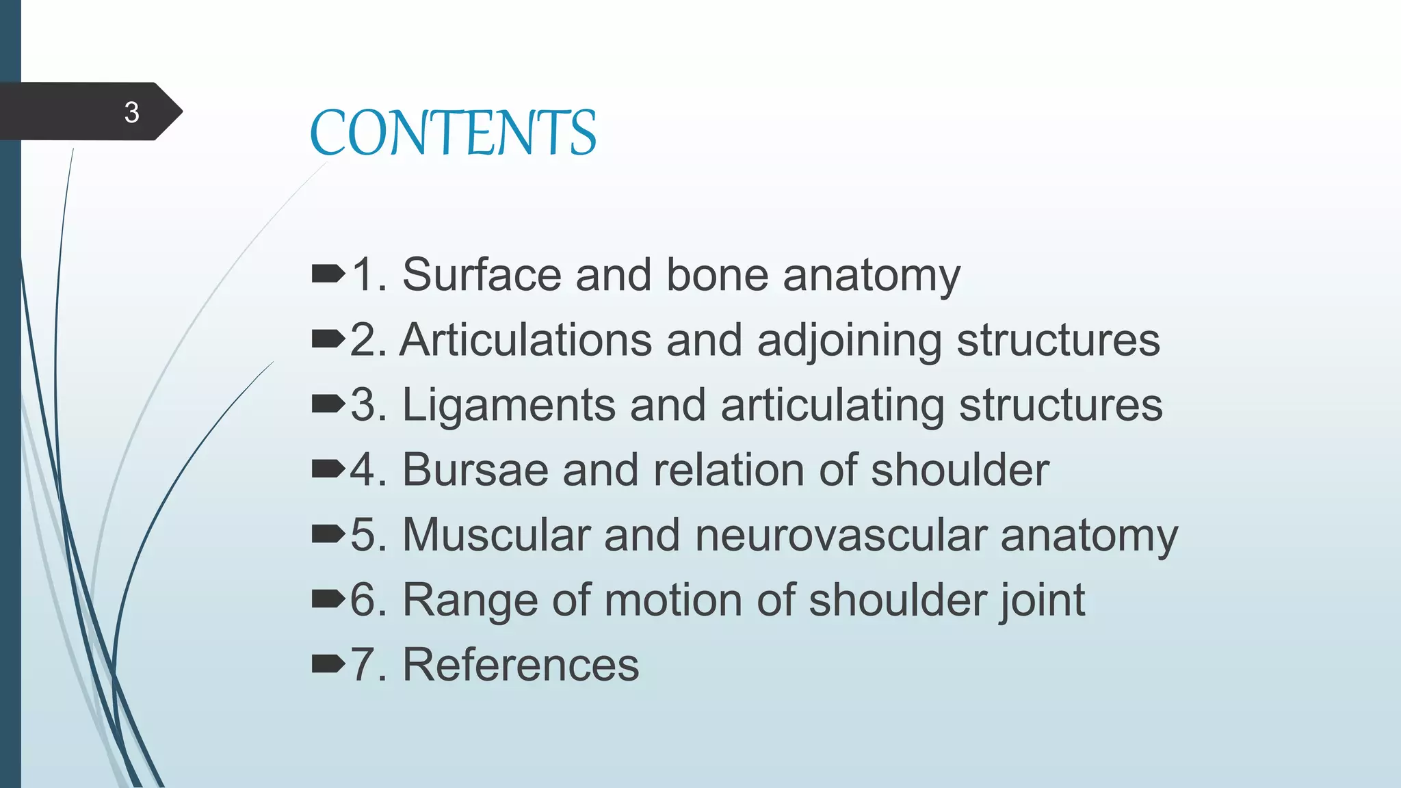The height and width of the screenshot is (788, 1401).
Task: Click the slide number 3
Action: click(131, 112)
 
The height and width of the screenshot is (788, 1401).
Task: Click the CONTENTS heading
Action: click(453, 133)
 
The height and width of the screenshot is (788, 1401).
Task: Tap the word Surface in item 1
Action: click(482, 275)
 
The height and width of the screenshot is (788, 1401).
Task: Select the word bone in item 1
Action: click(717, 275)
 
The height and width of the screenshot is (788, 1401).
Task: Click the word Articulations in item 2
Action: click(525, 340)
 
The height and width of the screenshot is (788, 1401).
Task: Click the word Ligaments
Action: click(508, 405)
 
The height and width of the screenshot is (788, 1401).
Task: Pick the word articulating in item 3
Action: click(832, 405)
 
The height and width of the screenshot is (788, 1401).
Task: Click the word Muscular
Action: click(496, 535)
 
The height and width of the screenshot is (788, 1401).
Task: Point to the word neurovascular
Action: click(840, 535)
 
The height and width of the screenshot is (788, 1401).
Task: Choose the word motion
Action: click(673, 600)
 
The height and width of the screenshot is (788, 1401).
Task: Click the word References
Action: click(520, 665)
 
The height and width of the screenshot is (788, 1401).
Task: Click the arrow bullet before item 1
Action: click(328, 275)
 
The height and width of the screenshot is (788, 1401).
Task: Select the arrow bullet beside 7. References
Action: click(328, 664)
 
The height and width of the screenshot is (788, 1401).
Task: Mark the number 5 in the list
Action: click(364, 535)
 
